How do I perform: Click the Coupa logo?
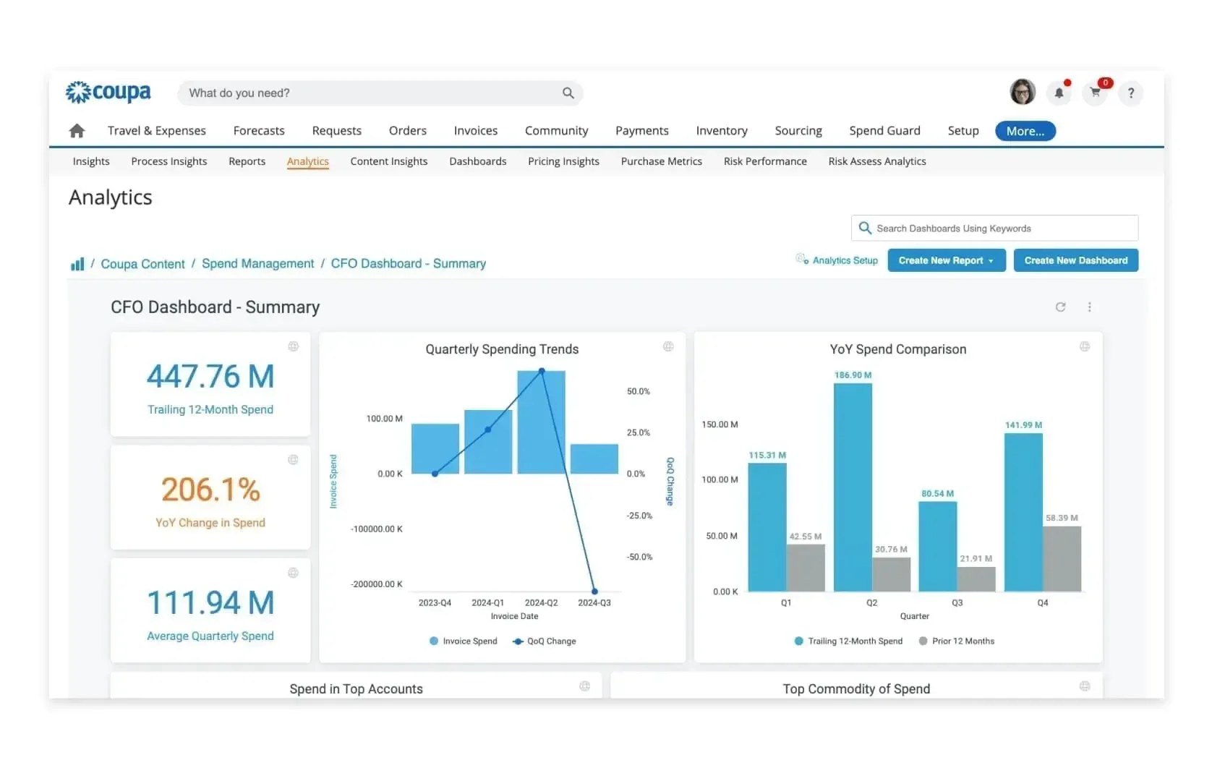coord(108,93)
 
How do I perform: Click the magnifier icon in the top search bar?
coord(568,93)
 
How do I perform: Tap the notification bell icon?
coord(1059,93)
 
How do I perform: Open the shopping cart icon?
coord(1095,93)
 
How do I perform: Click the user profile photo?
coord(1022,92)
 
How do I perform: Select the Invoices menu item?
coord(475,131)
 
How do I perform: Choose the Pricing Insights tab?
coord(563,161)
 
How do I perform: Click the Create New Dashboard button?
coord(1075,260)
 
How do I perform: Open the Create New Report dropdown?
coord(946,260)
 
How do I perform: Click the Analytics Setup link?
coord(844,260)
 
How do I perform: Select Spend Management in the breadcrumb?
coord(257,264)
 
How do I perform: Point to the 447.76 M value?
coord(210,377)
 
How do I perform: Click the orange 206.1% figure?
coord(210,490)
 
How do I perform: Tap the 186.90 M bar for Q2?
coord(853,485)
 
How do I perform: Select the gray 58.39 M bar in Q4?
coord(1062,558)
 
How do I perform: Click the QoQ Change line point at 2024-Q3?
coord(594,591)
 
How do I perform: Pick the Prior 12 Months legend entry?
coord(963,641)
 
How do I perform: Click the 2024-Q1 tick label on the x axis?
coord(487,602)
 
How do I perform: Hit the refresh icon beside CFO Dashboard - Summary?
coord(1060,307)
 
